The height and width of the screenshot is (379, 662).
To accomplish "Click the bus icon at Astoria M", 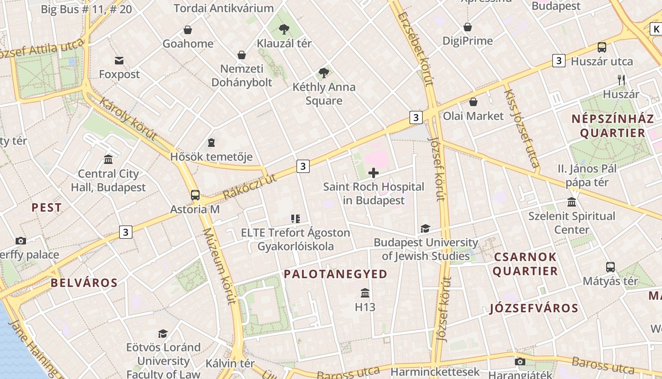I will (195, 195).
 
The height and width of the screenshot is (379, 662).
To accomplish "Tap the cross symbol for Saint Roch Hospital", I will (374, 173).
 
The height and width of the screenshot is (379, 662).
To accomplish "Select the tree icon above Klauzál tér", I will (284, 29).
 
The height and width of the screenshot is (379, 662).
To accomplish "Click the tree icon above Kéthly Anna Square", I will (324, 73).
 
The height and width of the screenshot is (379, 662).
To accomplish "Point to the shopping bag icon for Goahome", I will (188, 30).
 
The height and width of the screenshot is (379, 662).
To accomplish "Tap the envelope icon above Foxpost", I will (119, 61).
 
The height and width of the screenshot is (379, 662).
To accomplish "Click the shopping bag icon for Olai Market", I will (473, 102).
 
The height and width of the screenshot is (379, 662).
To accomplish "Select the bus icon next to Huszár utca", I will (601, 47).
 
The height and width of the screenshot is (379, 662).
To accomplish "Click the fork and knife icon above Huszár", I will (621, 80).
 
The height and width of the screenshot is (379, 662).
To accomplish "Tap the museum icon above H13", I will (365, 293).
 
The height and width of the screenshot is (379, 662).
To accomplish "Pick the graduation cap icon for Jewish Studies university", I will (425, 229).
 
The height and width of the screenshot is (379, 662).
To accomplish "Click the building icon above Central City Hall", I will (108, 159).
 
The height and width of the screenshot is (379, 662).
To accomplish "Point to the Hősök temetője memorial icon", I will (211, 143).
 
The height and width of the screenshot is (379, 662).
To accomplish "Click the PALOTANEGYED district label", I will (335, 274).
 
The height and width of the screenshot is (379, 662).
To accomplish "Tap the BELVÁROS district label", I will (84, 283).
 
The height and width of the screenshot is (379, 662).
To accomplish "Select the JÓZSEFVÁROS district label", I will (534, 308).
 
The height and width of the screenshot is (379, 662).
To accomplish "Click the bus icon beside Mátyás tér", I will (610, 267).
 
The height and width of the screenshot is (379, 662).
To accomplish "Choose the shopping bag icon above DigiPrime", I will (468, 27).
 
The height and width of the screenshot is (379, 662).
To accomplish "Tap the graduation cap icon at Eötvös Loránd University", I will (163, 334).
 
